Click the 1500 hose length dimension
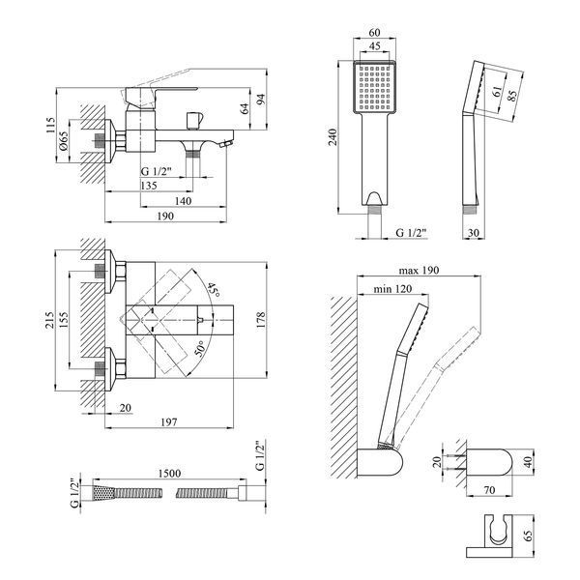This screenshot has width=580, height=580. pos(169,474)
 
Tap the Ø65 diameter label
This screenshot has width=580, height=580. pos(63,141)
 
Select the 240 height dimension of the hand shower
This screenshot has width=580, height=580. pos(333,137)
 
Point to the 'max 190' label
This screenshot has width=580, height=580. pos(419,271)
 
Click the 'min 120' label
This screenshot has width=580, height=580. pos(392,288)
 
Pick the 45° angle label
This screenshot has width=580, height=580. pos(214,290)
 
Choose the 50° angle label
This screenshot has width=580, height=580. pos(200,349)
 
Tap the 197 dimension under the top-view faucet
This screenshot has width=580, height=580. pos(168,422)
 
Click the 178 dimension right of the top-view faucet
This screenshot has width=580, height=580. pos(260,320)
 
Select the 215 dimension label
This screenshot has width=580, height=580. pos(49,320)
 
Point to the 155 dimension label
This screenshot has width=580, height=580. pos(63,320)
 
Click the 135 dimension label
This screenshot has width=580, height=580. pos(149,186)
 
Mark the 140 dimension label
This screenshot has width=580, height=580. pos(183,201)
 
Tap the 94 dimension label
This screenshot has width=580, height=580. pos(261,100)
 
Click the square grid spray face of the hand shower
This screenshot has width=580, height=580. pos(375,87)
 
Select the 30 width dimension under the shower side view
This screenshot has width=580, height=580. pos(474,233)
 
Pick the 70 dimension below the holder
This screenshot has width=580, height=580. pos(489,490)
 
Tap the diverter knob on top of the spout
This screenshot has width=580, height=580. pos(194,120)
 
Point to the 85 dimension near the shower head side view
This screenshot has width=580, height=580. pos(512,96)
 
